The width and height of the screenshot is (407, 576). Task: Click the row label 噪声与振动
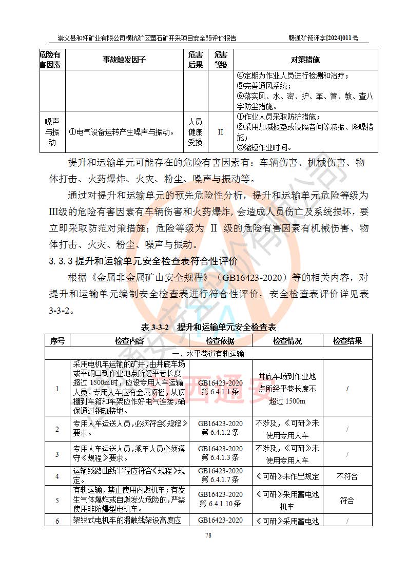(x=52, y=132)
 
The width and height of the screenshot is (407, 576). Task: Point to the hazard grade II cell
(x=221, y=132)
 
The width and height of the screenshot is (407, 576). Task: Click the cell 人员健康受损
(x=195, y=132)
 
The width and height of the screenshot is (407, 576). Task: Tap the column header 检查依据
(x=220, y=341)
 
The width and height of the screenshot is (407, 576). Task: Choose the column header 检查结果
(x=347, y=341)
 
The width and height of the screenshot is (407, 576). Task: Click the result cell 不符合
(x=347, y=476)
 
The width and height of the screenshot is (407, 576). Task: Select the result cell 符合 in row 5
(x=347, y=501)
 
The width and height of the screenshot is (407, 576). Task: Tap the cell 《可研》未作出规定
(x=287, y=476)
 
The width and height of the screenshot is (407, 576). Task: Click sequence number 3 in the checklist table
(x=57, y=454)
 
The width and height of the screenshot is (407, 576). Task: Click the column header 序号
(x=57, y=341)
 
